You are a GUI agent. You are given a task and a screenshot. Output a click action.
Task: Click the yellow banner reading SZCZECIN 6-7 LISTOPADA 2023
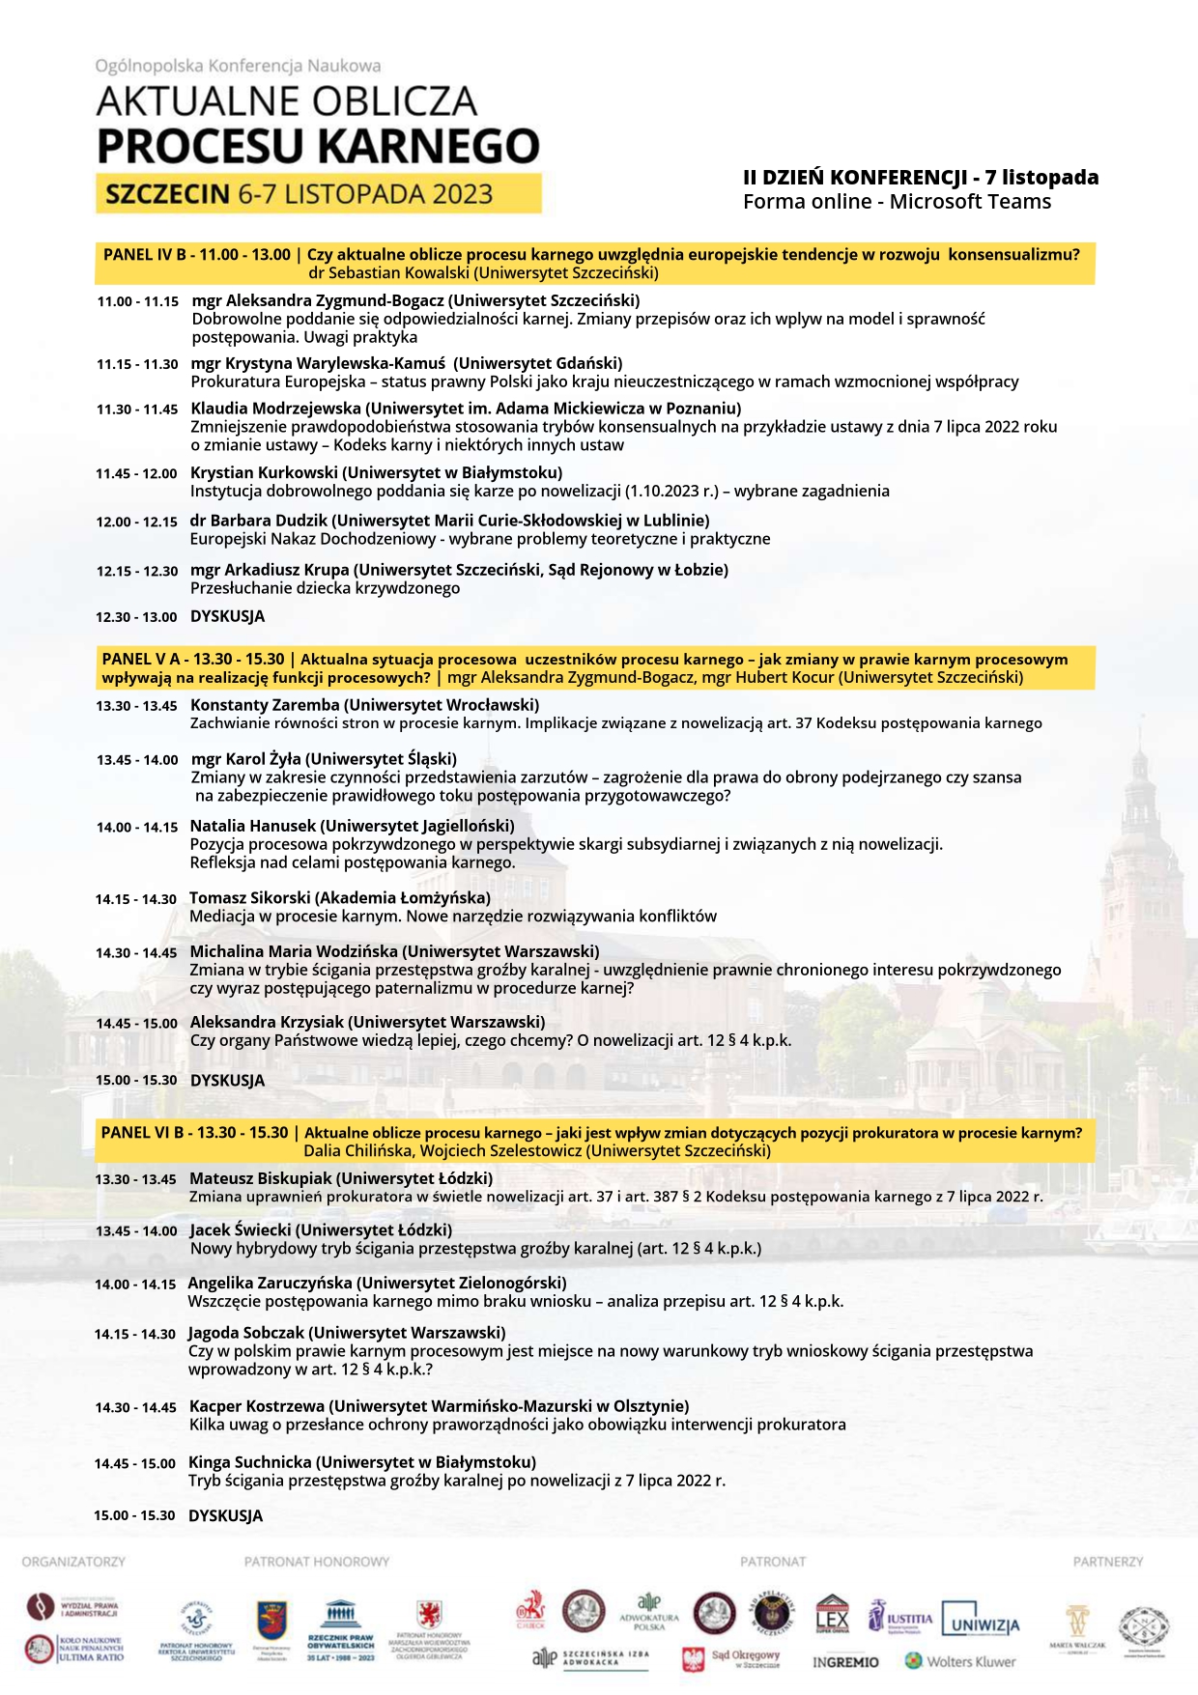point(318,194)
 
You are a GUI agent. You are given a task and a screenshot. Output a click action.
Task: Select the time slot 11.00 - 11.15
point(137,302)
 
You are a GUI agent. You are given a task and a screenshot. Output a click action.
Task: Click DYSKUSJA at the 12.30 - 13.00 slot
point(227,616)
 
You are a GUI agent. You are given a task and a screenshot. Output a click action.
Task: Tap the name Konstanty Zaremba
point(265,705)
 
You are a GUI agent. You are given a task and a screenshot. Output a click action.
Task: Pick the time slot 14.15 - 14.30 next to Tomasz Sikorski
point(135,899)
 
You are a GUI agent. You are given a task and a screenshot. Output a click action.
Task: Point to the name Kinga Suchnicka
point(249,1462)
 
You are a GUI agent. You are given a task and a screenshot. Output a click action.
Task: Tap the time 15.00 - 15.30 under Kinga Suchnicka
point(134,1515)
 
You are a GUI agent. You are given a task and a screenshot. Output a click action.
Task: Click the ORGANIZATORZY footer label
point(73,1562)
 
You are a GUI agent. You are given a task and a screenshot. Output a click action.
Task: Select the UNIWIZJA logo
point(981,1624)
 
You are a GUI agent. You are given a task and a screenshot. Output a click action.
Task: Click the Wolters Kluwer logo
point(960,1662)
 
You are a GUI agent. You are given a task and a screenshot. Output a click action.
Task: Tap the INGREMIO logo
point(845,1662)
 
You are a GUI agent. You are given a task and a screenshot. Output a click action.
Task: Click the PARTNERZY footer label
point(1107,1562)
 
